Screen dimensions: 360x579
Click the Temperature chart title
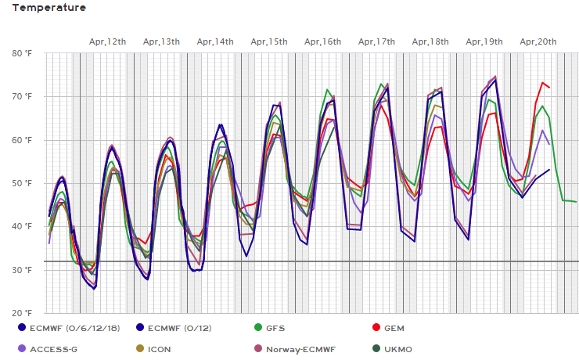49,8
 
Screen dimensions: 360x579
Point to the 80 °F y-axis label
22,53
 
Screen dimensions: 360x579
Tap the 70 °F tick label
22,96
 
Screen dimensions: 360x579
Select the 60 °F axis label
22,140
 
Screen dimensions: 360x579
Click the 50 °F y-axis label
22,183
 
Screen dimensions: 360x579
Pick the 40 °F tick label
22,226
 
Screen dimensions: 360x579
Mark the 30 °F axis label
22,270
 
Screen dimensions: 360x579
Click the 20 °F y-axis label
22,313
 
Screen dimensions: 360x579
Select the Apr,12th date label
107,41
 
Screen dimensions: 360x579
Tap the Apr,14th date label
215,41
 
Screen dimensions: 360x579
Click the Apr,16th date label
323,41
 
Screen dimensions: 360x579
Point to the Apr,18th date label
430,41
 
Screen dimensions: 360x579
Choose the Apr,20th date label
538,41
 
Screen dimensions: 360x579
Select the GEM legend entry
396,328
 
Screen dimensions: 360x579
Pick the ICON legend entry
160,349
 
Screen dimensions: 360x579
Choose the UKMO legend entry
398,349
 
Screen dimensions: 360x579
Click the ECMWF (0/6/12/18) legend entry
74,328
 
